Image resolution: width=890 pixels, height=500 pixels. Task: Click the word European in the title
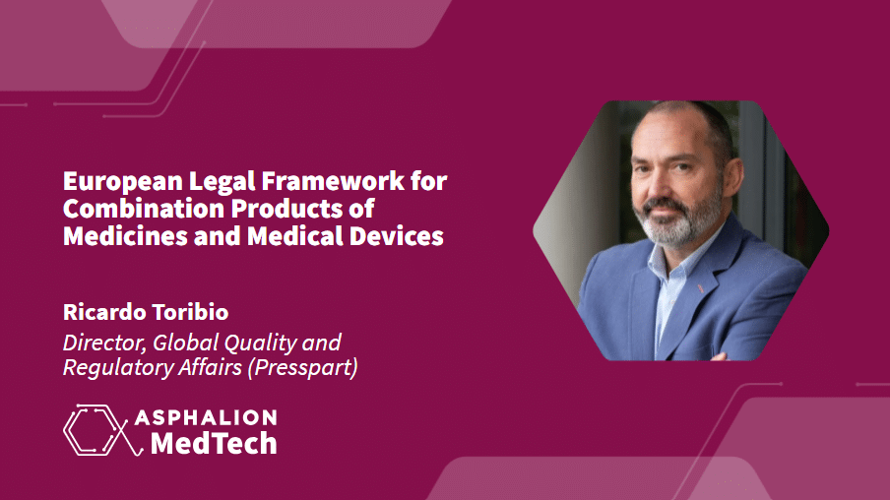click(123, 182)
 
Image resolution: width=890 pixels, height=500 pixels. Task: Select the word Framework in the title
click(333, 181)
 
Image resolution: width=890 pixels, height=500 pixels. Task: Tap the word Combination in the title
click(144, 209)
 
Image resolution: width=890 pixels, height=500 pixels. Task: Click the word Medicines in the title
click(125, 235)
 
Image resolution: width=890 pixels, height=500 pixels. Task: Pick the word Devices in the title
click(396, 235)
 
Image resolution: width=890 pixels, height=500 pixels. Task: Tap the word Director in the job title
click(104, 343)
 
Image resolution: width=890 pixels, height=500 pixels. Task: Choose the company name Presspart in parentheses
click(303, 368)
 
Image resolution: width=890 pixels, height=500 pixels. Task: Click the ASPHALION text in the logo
click(206, 417)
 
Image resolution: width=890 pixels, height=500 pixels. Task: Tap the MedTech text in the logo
click(214, 443)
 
